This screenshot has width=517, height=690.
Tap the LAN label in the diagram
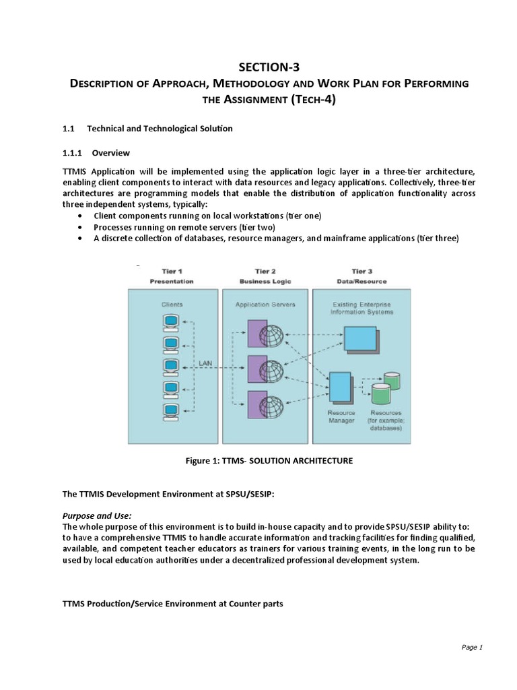[x=207, y=363]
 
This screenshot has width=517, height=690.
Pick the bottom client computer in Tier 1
[x=171, y=410]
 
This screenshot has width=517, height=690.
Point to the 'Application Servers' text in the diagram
[x=265, y=305]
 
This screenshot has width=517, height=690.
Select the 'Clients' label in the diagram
[x=172, y=305]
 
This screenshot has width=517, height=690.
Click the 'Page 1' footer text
[x=472, y=648]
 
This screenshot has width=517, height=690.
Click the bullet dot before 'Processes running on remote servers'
[x=81, y=227]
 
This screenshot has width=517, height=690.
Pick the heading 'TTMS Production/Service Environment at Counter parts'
[x=172, y=604]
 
